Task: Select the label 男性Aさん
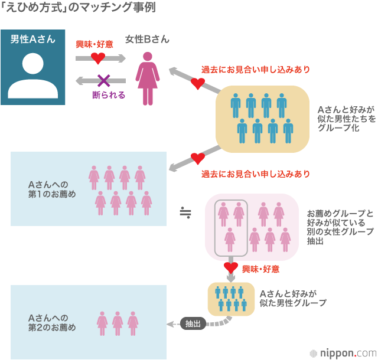(x=33, y=40)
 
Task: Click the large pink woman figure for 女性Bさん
(x=146, y=77)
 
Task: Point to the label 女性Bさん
(x=147, y=40)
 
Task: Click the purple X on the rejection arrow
(x=104, y=80)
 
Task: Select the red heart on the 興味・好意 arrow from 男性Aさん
(x=97, y=58)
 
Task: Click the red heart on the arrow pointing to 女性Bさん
(x=198, y=83)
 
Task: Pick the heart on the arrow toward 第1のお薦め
(x=197, y=158)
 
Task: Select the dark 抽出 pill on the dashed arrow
(x=193, y=323)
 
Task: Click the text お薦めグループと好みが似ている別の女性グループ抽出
(x=340, y=227)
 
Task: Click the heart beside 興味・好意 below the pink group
(x=231, y=269)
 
